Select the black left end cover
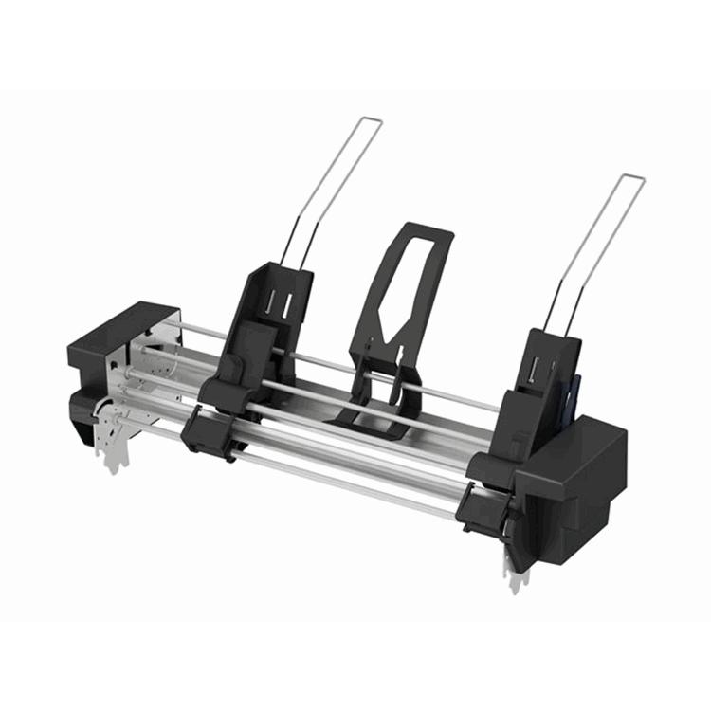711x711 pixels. pyautogui.click(x=123, y=337)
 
